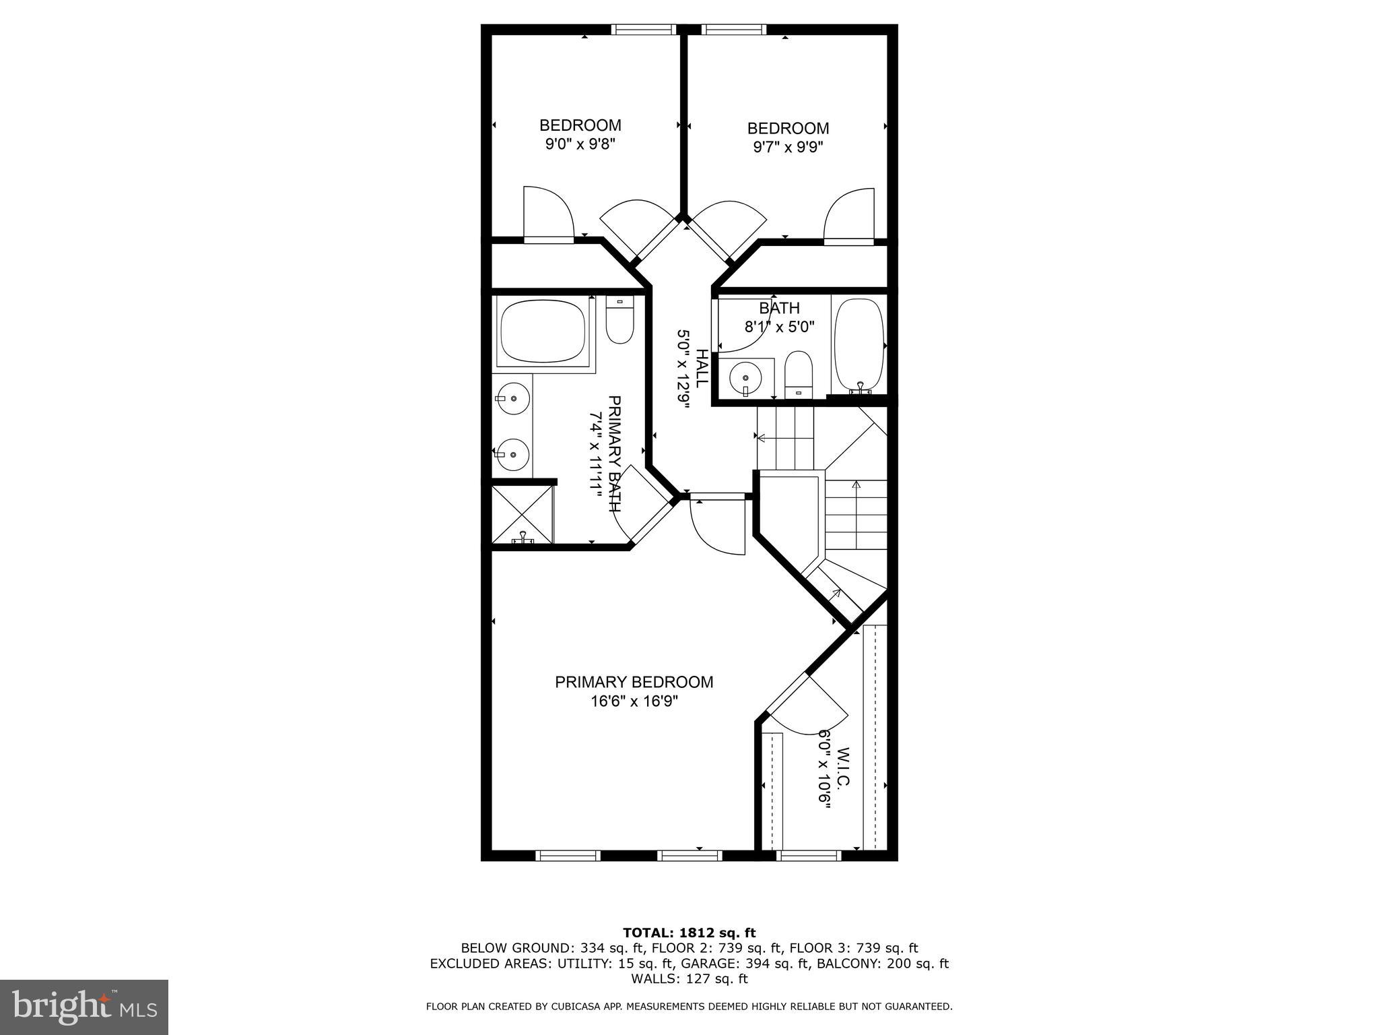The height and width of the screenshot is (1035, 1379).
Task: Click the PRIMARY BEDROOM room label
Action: coord(634,682)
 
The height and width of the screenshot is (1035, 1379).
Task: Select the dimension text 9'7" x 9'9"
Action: coord(788,146)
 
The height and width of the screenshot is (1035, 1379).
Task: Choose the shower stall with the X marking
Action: coord(523,514)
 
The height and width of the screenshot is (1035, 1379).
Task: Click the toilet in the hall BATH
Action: coord(799,375)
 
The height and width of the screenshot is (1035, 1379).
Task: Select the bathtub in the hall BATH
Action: coord(859,344)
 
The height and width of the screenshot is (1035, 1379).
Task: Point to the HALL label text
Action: coord(701,368)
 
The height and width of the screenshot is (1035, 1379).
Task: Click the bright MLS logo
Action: coord(84,1007)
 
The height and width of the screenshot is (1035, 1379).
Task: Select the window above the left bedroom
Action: coord(643,30)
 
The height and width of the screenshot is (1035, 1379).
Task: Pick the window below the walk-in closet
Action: coord(809,856)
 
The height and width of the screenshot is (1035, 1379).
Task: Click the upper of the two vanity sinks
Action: coord(513,398)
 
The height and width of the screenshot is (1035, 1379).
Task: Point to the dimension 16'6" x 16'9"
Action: coord(634,701)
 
